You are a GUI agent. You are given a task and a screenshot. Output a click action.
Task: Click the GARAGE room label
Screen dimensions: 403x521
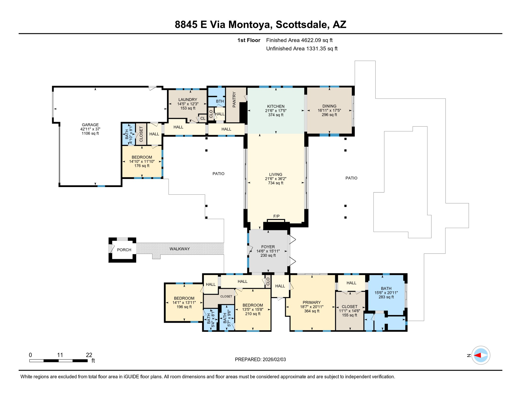[90, 125]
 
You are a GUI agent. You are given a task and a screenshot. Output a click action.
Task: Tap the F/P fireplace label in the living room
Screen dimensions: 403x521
[276, 216]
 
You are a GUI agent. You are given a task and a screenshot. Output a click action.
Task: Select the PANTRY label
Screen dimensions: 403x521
[234, 100]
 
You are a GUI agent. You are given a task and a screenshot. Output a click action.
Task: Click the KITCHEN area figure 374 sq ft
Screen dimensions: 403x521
[275, 115]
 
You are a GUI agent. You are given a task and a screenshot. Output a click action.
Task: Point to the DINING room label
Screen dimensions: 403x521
[329, 106]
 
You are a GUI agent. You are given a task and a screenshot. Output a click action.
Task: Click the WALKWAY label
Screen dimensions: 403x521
[180, 249]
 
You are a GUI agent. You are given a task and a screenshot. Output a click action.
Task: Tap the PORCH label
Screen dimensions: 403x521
[124, 250]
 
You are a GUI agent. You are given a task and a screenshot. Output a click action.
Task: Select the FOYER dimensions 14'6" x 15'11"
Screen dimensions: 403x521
[268, 251]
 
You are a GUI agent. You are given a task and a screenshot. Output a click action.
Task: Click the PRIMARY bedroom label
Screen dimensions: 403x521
[311, 302]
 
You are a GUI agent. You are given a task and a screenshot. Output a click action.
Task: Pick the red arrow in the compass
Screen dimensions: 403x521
[477, 356]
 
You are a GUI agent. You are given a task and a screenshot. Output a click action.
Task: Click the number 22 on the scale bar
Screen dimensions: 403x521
[89, 355]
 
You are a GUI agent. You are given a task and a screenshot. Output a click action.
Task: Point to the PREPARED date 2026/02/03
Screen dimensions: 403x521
[274, 359]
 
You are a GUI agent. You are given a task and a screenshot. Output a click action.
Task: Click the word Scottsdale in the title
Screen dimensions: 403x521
[301, 24]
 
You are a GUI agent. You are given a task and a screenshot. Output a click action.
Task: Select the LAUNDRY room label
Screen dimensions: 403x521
[188, 99]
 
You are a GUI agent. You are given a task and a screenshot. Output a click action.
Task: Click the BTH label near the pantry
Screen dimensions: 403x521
[220, 101]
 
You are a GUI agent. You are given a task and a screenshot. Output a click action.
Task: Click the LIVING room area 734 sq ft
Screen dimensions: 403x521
[275, 183]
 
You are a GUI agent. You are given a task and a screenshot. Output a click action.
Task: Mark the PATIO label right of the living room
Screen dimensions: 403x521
[351, 178]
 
